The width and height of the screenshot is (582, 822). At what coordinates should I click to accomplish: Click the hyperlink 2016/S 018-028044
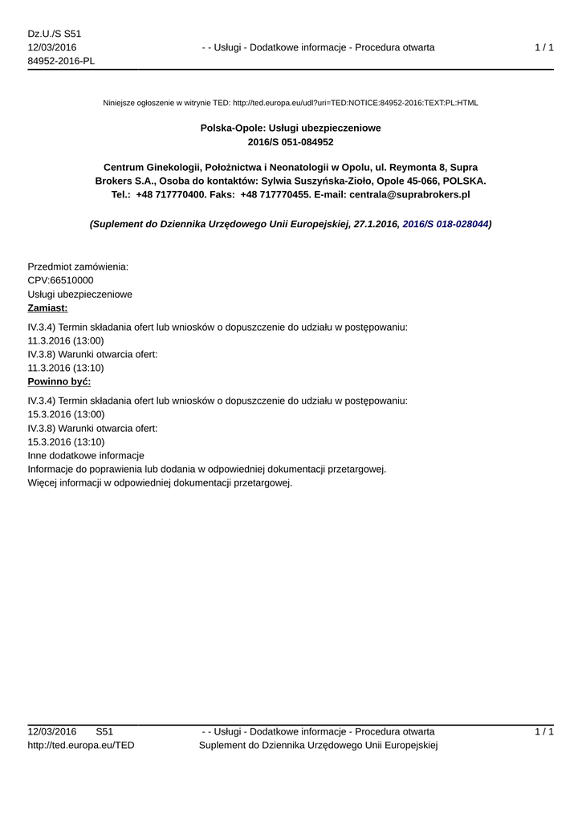tap(445, 226)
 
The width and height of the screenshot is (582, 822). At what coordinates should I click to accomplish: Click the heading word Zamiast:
tap(47, 308)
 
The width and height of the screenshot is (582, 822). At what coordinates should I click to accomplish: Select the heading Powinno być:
tap(59, 381)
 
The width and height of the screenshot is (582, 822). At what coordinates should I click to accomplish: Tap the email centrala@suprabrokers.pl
tap(409, 195)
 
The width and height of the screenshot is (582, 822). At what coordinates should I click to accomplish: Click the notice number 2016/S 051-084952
tap(291, 142)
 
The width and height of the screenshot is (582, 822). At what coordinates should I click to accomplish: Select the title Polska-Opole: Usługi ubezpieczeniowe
tap(291, 128)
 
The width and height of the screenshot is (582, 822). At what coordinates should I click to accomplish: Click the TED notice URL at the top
tap(355, 103)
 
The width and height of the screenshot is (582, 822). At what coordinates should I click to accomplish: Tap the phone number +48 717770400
tap(171, 195)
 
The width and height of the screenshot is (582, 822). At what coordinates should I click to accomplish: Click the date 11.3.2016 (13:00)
tap(66, 340)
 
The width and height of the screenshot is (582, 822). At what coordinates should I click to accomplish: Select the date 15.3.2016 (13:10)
tap(66, 442)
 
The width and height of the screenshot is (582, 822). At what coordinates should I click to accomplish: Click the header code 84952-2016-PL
tap(61, 61)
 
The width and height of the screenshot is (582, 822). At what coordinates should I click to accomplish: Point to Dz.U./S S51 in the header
tap(55, 34)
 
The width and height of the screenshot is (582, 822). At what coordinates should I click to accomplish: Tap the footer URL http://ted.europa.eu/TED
tap(81, 746)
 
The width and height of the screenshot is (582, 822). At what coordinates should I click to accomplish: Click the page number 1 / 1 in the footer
tap(543, 732)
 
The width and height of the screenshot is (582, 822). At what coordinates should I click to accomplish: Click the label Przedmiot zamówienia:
tap(78, 267)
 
